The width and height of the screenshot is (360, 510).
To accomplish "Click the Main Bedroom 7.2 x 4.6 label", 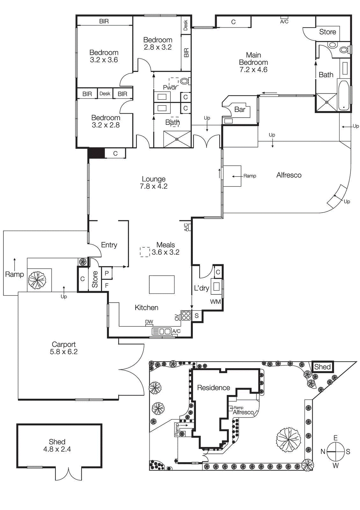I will (253, 62).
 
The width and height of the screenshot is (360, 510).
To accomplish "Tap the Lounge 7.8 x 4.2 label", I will (154, 183).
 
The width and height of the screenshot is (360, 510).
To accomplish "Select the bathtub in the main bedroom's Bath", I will (344, 95).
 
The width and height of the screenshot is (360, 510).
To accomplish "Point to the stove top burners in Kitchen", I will (186, 316).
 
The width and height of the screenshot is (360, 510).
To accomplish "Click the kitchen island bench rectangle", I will (162, 285).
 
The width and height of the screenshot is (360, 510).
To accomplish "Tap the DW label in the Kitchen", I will (149, 322).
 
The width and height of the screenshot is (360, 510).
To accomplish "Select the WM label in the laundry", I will (215, 302).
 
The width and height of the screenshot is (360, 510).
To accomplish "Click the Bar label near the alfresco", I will (240, 109).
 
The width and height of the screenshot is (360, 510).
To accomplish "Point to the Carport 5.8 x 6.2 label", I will (64, 348).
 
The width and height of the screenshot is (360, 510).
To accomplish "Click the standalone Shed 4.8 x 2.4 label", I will (57, 445).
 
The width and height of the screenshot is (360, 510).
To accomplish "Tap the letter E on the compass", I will (335, 438).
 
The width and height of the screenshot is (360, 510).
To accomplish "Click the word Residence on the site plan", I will (213, 388).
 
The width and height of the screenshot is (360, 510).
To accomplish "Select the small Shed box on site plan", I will (322, 367).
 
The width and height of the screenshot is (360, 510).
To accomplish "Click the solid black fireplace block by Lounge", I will (96, 153).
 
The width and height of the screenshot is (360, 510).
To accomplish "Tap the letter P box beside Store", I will (107, 273).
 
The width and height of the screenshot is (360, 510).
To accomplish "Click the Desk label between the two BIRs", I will (105, 94).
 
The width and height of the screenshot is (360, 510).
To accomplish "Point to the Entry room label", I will (109, 245).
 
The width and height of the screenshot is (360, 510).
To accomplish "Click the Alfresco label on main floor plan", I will (289, 175).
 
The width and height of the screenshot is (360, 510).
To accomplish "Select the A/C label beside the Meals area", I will (186, 227).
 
